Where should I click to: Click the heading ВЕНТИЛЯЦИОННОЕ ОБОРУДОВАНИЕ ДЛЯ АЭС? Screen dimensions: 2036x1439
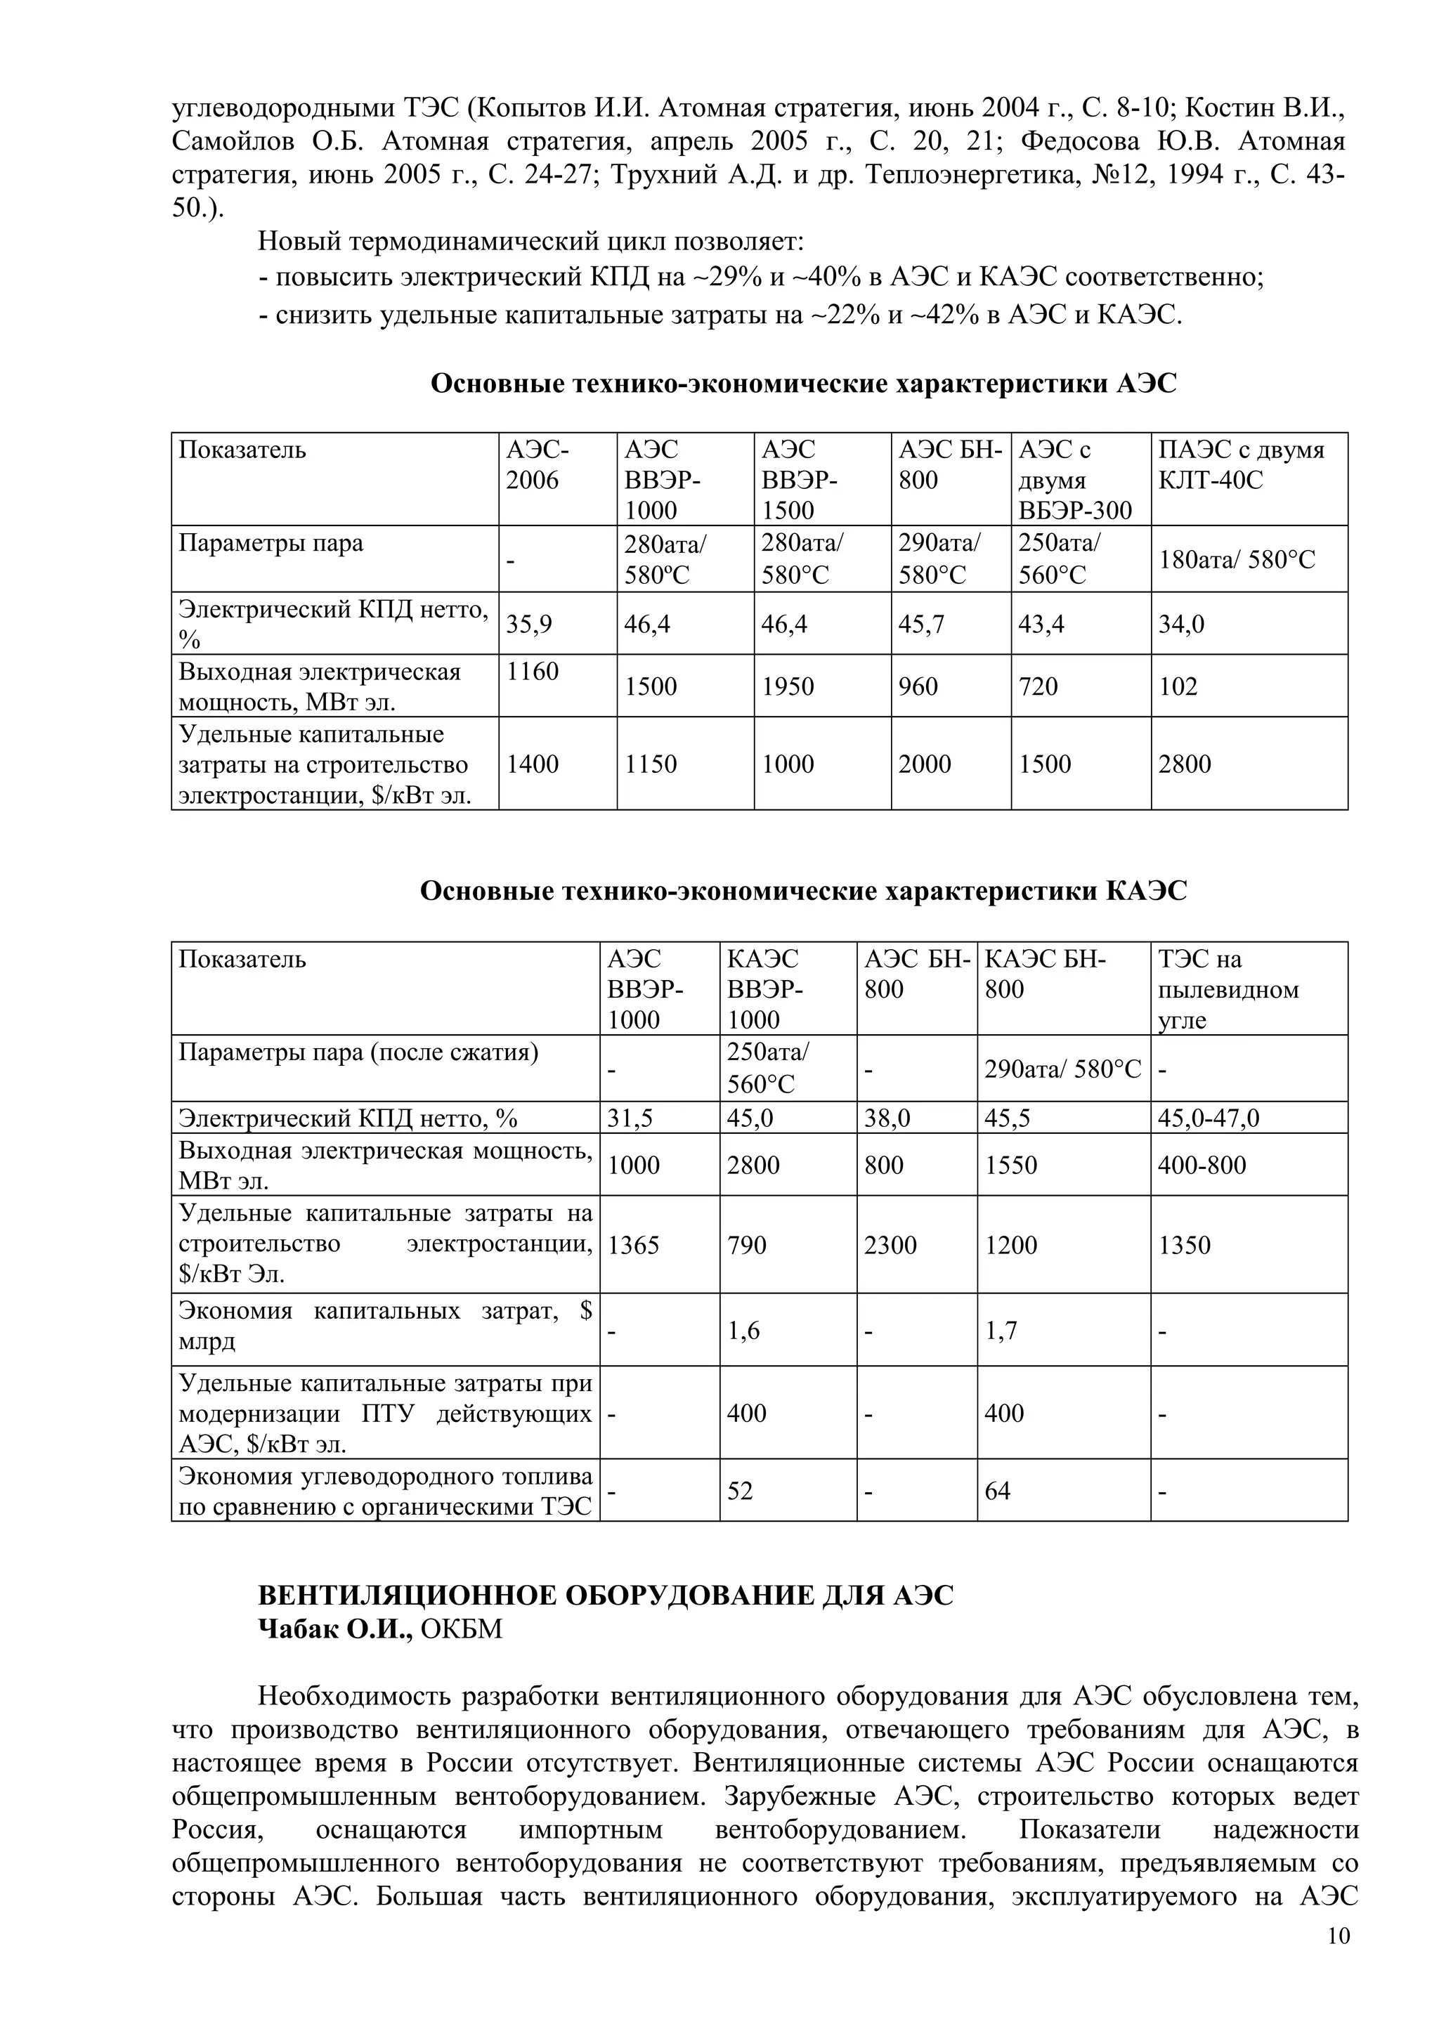click(x=606, y=1595)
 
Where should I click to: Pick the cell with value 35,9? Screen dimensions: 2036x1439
click(x=529, y=625)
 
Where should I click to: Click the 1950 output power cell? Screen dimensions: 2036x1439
click(x=788, y=686)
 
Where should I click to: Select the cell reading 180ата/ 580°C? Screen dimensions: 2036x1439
click(x=1237, y=559)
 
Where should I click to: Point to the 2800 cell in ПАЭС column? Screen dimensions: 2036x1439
click(x=1184, y=764)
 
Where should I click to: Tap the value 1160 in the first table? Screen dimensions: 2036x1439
click(x=532, y=671)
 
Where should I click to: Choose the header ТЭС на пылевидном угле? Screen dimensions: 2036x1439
click(x=1228, y=988)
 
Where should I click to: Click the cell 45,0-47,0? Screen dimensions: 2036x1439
click(x=1208, y=1118)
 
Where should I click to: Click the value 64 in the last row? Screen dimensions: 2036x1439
click(x=998, y=1491)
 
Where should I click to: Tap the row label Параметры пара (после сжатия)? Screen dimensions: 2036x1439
click(x=358, y=1052)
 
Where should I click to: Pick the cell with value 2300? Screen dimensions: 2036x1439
click(x=890, y=1245)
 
